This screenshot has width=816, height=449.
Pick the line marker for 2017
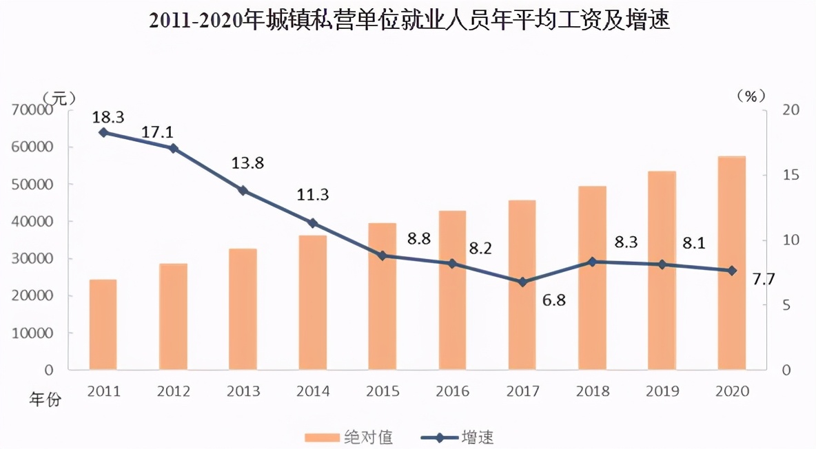tap(522, 282)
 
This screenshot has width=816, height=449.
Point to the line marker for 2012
tap(173, 148)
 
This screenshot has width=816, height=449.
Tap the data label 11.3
tap(313, 195)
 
